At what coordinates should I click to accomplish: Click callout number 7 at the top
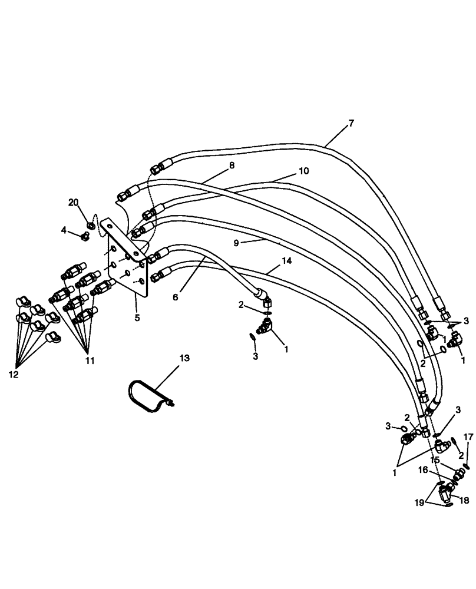click(351, 123)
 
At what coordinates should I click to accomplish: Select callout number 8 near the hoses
click(232, 166)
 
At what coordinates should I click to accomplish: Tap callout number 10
click(303, 171)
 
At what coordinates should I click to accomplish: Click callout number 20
click(73, 202)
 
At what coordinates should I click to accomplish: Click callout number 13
click(185, 358)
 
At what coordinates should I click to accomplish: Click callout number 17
click(468, 437)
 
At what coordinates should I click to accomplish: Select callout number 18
click(464, 500)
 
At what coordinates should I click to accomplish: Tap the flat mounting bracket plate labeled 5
click(127, 259)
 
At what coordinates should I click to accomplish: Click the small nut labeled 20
click(91, 224)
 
